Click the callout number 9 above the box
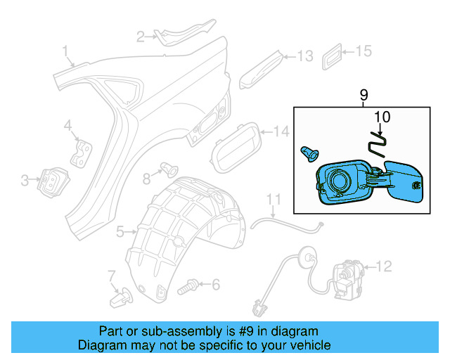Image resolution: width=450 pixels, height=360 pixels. (x=364, y=94)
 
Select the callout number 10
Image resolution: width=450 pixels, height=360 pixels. (x=380, y=117)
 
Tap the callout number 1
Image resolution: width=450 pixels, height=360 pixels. (x=65, y=51)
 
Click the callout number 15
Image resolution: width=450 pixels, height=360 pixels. (x=362, y=51)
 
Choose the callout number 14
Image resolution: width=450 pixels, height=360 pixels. (x=281, y=131)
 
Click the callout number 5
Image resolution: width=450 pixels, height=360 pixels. (x=120, y=231)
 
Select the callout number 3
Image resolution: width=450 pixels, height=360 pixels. (x=25, y=181)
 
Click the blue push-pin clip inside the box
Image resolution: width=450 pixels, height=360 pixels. (x=308, y=152)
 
